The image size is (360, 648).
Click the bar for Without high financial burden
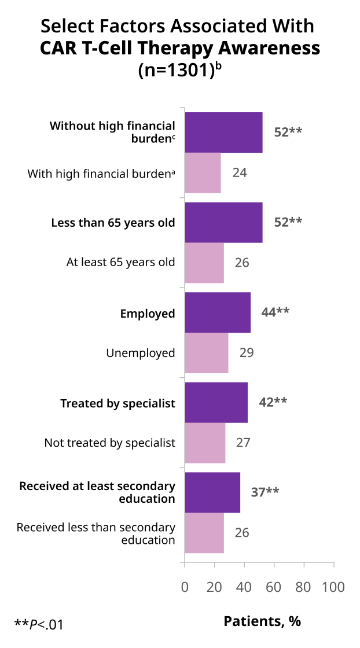[x=223, y=132]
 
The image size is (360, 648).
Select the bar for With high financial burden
[x=203, y=173]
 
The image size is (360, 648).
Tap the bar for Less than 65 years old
[x=223, y=222]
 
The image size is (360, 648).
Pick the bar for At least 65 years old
[x=204, y=263]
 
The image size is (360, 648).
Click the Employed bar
[x=218, y=312]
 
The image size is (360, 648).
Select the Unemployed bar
[x=207, y=353]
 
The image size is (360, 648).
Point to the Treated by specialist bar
[x=216, y=403]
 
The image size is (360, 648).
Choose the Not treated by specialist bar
[x=205, y=443]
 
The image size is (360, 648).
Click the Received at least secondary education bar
[x=212, y=492]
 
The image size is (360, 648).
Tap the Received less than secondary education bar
[x=204, y=533]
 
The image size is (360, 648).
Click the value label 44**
[x=275, y=312]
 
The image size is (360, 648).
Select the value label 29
[x=247, y=352]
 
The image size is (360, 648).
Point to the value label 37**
[x=265, y=492]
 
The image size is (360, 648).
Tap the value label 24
[x=240, y=172]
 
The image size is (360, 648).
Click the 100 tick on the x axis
[x=334, y=587]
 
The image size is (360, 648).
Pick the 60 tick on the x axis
[x=274, y=587]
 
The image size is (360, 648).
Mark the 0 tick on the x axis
[x=185, y=587]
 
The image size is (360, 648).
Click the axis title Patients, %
[x=262, y=621]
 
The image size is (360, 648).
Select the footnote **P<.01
[x=39, y=624]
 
